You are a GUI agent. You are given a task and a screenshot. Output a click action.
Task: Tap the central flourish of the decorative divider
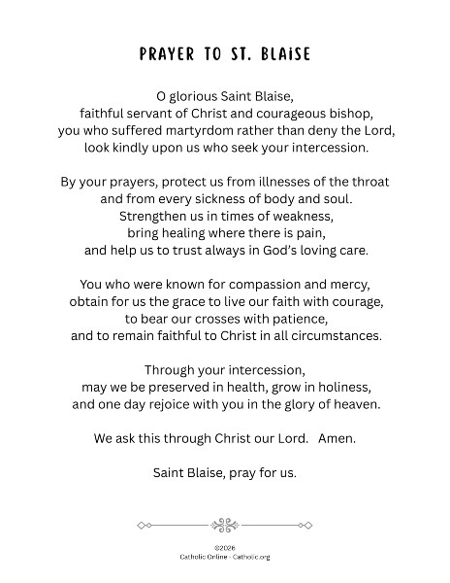[225, 524]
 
